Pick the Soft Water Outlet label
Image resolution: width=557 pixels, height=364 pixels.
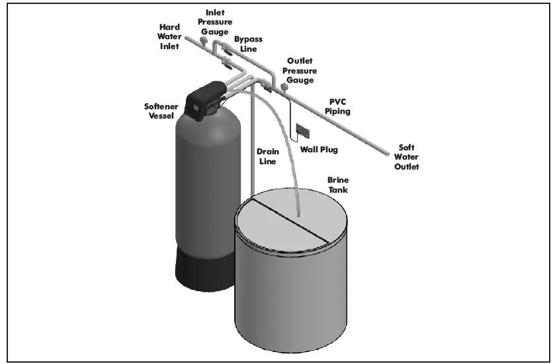pos(407,157)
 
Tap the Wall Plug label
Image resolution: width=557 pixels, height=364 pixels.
pos(319,150)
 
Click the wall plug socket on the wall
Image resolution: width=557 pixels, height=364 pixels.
pos(302,130)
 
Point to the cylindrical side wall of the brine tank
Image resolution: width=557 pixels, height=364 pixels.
pos(291,298)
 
